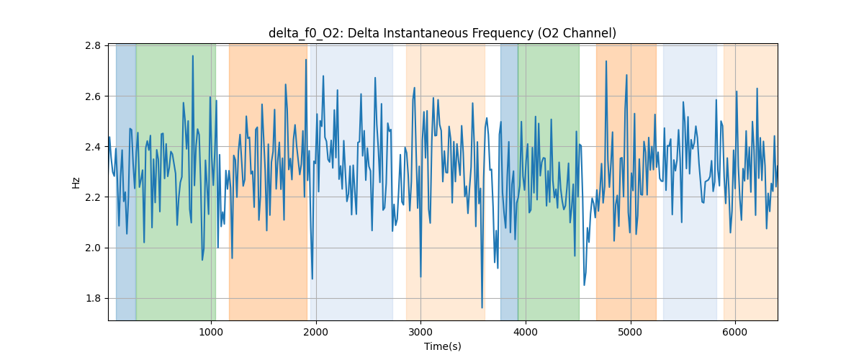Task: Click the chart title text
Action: (442, 33)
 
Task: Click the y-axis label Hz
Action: (76, 182)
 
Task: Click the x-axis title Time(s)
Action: (443, 346)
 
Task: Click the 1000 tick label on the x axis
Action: (211, 332)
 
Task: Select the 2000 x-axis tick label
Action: (316, 332)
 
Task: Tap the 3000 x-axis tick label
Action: (420, 332)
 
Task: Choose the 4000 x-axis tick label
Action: (526, 332)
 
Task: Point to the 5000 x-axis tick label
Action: (630, 332)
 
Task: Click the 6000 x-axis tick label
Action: (734, 332)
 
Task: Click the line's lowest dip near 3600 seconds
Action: (482, 307)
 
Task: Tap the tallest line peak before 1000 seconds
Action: (193, 55)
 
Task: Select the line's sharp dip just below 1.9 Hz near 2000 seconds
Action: (312, 279)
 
